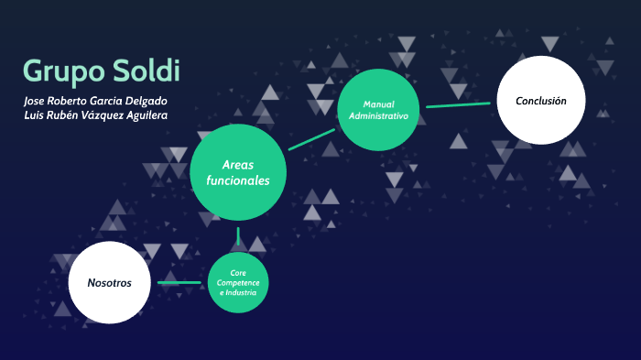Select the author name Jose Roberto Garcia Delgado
click(95, 100)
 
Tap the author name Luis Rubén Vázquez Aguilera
click(95, 115)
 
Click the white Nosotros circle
click(109, 282)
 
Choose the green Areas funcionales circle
click(238, 172)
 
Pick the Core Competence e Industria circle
click(238, 283)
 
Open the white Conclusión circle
click(540, 101)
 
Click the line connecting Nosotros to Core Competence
click(179, 282)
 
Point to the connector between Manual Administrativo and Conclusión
click(458, 105)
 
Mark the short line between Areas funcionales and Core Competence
click(238, 235)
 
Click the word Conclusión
click(540, 101)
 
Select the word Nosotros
click(109, 282)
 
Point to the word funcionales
click(238, 181)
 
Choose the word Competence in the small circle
click(238, 283)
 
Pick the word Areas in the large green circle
click(238, 164)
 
